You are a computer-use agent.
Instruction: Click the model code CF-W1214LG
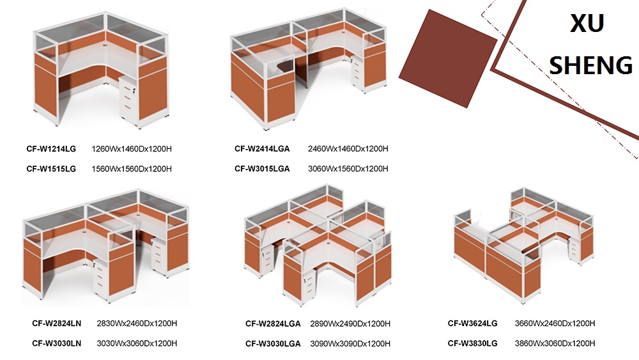(x=51, y=149)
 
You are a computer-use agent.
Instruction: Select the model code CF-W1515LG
(x=51, y=169)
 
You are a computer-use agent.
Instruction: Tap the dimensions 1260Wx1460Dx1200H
(x=132, y=149)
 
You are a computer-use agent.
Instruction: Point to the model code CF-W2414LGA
(x=262, y=149)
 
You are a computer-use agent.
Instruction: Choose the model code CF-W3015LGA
(x=262, y=169)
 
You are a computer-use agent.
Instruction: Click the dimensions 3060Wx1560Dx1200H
(x=348, y=169)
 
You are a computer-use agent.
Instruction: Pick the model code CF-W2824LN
(x=57, y=324)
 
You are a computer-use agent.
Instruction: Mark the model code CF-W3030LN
(x=57, y=343)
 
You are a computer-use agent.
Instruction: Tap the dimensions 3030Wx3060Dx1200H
(x=137, y=343)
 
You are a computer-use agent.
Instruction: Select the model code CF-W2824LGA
(x=273, y=324)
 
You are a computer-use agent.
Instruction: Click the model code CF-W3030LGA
(x=273, y=343)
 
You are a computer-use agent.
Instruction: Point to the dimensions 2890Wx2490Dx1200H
(x=350, y=324)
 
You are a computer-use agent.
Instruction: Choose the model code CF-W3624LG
(x=473, y=324)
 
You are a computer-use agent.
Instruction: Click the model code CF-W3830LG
(x=473, y=343)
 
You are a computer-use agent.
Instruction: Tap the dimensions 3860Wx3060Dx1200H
(x=555, y=343)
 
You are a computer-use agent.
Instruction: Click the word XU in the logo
(x=587, y=23)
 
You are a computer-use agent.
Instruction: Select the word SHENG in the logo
(x=591, y=65)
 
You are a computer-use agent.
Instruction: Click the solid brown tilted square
(x=448, y=58)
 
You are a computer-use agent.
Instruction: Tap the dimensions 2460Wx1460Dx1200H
(x=348, y=149)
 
